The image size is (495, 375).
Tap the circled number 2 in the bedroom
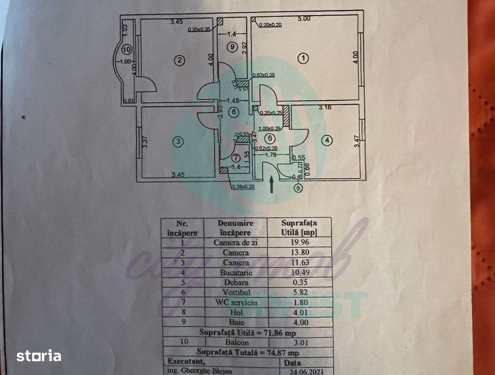coord(179,61)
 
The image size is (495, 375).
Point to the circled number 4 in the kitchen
coord(327,141)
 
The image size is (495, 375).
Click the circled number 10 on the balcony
coord(127,50)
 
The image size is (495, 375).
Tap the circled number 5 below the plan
coord(298,188)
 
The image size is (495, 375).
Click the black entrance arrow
coord(272,184)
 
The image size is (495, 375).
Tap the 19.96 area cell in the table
coord(299,242)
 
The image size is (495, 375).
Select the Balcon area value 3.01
coord(299,342)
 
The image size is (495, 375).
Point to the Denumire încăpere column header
coord(236,227)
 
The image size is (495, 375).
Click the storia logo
coord(39,355)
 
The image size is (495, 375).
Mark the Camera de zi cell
coord(236,242)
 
